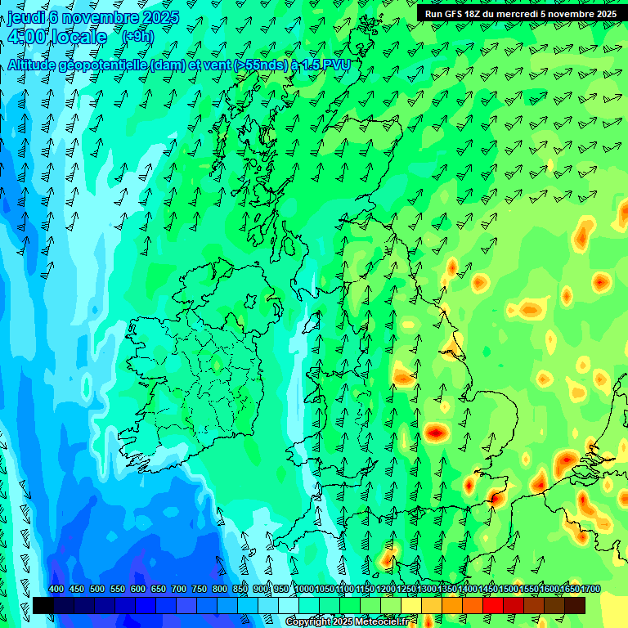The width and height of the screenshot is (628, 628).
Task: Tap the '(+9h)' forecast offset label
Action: [137, 37]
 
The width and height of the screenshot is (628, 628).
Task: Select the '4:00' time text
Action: [25, 37]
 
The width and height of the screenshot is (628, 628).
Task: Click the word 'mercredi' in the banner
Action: [522, 14]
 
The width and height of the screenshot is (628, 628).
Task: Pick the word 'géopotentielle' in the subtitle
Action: [97, 64]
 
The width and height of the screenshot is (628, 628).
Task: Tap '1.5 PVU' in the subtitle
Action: [325, 64]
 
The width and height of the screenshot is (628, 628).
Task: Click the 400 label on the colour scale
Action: [56, 590]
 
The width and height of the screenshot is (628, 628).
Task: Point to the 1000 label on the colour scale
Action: [304, 590]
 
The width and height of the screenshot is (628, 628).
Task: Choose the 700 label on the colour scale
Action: [179, 590]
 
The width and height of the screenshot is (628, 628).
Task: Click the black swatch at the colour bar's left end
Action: [43, 605]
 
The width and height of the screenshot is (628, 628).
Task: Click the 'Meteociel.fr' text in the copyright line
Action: [382, 622]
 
